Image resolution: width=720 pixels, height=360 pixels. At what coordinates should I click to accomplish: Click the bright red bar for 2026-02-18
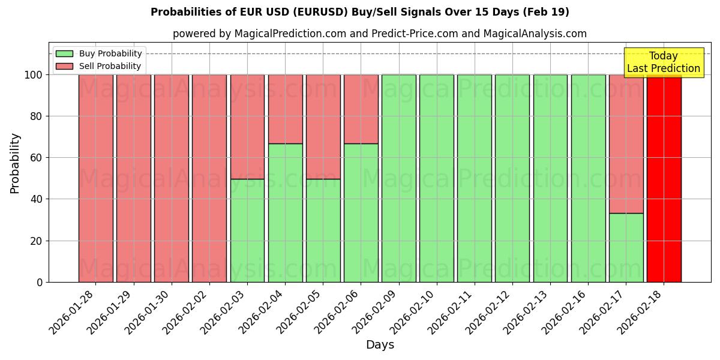664,178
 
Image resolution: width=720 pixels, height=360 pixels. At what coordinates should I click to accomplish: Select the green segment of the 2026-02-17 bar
626,247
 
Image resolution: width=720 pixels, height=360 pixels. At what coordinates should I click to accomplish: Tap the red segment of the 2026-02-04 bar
285,109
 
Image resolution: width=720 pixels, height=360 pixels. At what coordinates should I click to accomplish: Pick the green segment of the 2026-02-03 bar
247,230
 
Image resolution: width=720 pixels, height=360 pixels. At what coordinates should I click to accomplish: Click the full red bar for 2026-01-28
95,178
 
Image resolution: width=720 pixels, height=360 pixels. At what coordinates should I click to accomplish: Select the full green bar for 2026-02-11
474,178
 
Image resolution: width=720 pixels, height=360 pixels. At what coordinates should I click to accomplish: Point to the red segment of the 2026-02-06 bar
361,109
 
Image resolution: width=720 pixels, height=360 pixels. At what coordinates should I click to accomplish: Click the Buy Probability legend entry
110,53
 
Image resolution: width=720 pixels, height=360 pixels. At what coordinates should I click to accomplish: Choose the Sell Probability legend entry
110,66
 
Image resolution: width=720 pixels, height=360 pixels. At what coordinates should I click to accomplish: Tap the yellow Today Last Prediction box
663,62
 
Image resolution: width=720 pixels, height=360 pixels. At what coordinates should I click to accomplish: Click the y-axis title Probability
15,163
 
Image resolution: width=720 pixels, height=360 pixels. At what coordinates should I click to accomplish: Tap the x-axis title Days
380,345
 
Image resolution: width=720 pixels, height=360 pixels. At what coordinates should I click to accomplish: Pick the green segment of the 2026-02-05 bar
323,230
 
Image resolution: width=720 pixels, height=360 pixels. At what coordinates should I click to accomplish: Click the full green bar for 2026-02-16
588,178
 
